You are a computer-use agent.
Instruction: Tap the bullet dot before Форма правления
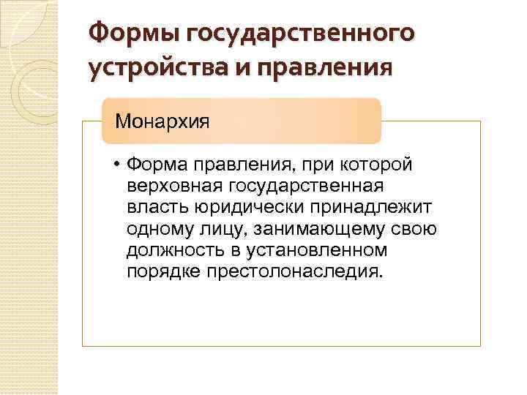116,165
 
